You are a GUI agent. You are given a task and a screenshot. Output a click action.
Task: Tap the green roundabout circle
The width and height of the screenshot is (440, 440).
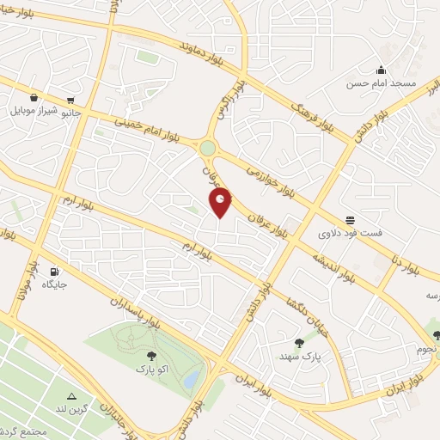point(208,149)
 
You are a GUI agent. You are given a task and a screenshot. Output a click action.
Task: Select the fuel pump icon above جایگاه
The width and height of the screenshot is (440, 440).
point(55,270)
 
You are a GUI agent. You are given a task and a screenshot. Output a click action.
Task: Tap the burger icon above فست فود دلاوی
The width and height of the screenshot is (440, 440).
point(350,220)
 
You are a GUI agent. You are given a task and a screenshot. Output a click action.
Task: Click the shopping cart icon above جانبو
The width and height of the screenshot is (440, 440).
point(70,99)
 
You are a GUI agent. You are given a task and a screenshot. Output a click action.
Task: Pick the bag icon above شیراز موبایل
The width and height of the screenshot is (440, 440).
point(33,99)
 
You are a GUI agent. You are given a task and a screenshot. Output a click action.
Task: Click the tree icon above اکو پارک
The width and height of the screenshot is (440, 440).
point(151,354)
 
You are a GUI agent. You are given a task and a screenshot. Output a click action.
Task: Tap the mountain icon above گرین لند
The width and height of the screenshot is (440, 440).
point(72,396)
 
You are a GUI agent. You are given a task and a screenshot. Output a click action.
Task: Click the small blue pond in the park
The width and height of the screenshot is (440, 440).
point(191,378)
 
